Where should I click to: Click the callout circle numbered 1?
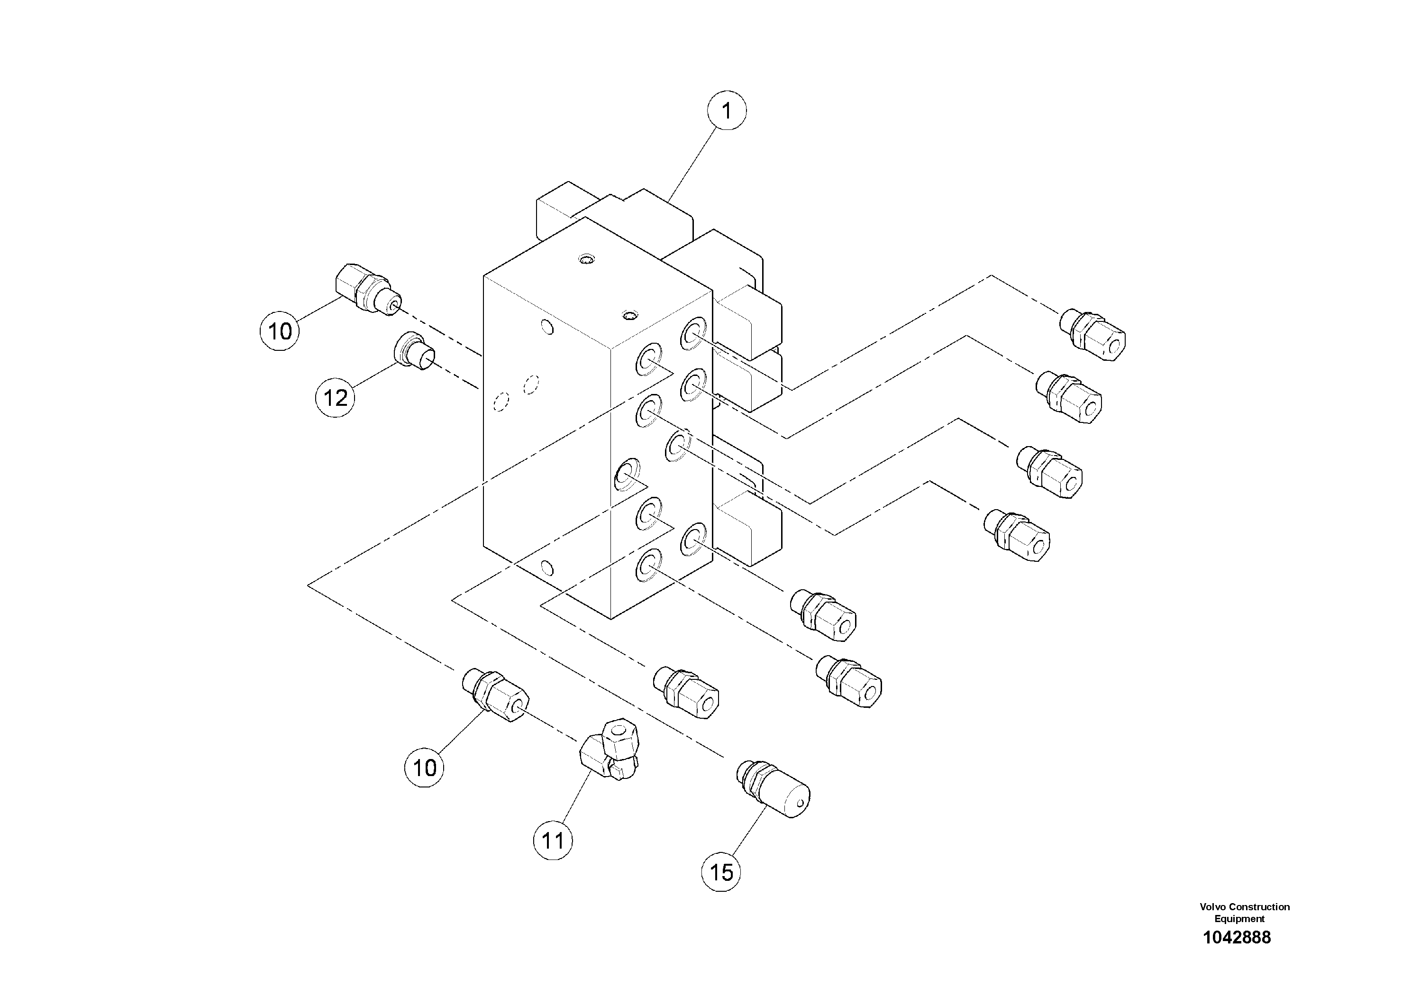(727, 111)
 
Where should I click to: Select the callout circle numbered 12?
(335, 398)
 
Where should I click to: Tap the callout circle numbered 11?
(553, 840)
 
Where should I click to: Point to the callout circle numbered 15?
(721, 872)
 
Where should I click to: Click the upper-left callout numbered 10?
(280, 331)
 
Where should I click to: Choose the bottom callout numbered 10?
(424, 768)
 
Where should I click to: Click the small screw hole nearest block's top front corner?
(628, 316)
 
